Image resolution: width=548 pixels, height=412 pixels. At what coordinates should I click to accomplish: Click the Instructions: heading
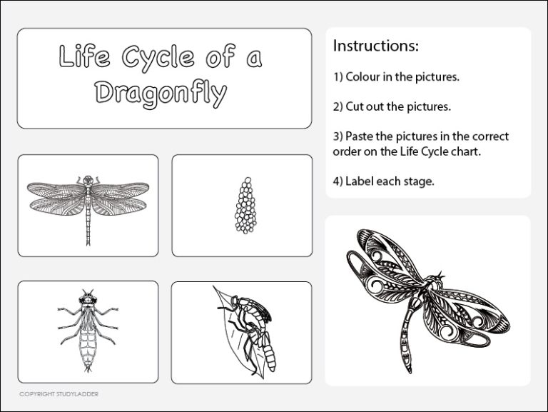click(375, 46)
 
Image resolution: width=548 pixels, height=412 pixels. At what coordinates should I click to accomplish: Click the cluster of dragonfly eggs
click(243, 206)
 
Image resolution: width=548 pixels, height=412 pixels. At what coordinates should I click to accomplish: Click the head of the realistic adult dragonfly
click(88, 179)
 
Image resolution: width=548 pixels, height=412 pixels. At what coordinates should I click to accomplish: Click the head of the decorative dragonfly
click(437, 281)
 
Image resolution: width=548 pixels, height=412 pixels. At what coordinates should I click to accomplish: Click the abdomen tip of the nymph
click(88, 370)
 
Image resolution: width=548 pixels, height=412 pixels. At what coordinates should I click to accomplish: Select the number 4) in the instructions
click(338, 181)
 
